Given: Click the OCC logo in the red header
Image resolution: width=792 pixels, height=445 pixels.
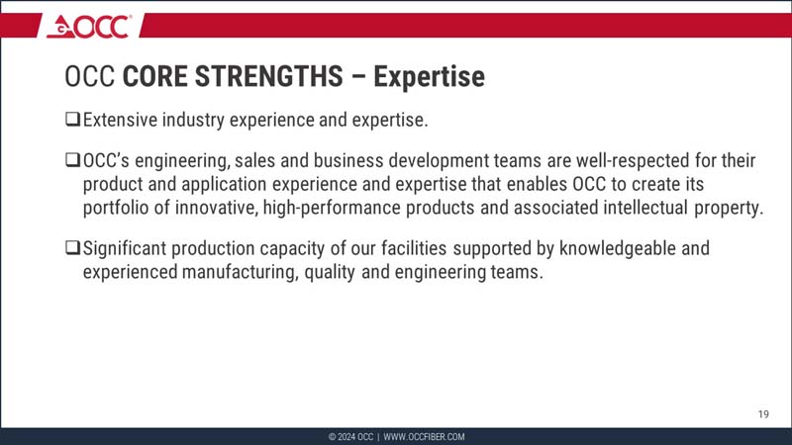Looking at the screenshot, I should pyautogui.click(x=88, y=27).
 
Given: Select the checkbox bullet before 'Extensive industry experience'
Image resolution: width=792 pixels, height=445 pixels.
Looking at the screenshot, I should pyautogui.click(x=71, y=121).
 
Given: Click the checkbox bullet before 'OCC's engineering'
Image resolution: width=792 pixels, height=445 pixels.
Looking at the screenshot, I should pyautogui.click(x=71, y=160).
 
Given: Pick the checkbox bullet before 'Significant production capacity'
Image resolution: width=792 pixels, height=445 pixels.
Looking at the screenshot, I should pyautogui.click(x=71, y=248).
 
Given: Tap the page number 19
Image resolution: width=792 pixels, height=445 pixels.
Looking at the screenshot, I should pyautogui.click(x=762, y=412).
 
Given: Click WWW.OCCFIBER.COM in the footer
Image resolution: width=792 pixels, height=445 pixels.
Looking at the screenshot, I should pyautogui.click(x=424, y=437).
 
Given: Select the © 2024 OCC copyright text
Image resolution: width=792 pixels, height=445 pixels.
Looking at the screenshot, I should pyautogui.click(x=350, y=437).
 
